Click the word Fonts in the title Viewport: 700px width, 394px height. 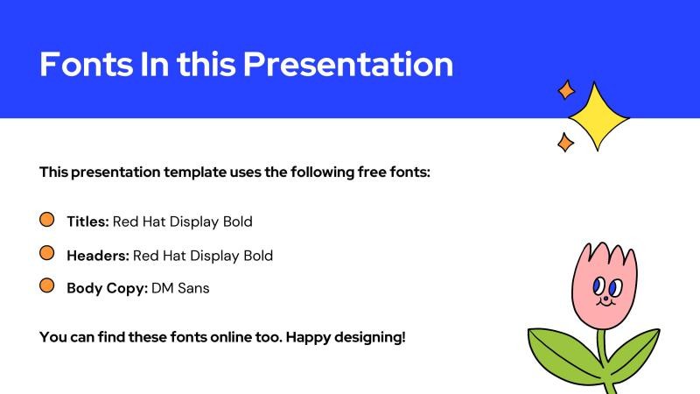coord(81,64)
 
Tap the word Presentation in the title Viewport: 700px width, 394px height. coord(348,64)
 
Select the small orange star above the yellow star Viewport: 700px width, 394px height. coord(566,89)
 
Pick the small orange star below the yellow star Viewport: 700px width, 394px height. coord(565,142)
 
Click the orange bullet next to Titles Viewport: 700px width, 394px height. coord(47,220)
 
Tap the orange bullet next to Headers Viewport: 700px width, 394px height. coord(47,253)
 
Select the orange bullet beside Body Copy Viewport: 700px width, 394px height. coord(47,285)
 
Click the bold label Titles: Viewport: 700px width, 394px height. coord(87,222)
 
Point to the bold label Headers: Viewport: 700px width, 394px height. coord(98,256)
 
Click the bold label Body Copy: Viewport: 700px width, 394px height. coord(107,287)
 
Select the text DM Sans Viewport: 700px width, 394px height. coord(180,287)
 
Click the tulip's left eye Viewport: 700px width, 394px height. coord(598,285)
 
